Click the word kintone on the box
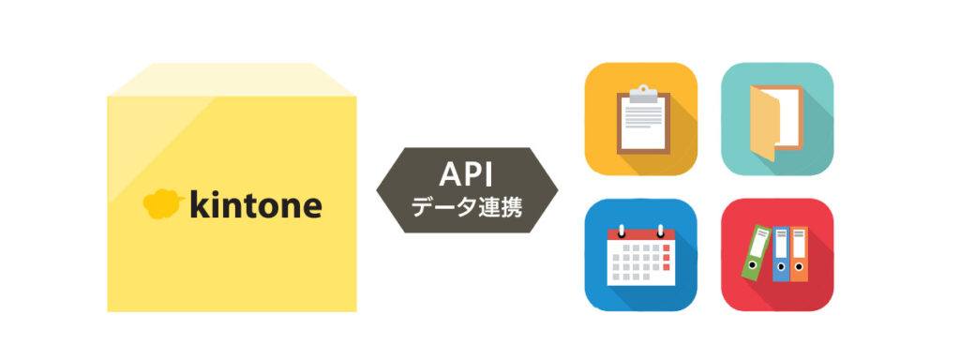255,203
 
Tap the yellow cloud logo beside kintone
160,202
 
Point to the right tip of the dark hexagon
555,189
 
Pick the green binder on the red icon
756,252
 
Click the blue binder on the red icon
780,254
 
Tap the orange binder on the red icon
798,254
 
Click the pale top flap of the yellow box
232,80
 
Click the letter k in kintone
199,203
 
